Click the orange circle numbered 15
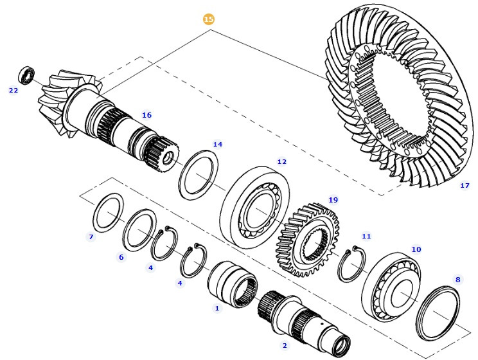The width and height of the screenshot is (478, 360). [x=208, y=19]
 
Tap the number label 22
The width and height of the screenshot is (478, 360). [x=13, y=91]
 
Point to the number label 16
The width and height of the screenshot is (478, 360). [x=146, y=115]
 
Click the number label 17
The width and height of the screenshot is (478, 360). [x=465, y=186]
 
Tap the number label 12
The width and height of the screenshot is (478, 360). [x=281, y=161]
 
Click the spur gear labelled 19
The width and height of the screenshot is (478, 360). [x=308, y=239]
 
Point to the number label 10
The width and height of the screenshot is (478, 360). [x=416, y=249]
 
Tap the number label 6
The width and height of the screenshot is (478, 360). [x=121, y=257]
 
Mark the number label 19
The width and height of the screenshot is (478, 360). [x=332, y=200]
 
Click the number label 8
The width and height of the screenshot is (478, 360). [x=457, y=280]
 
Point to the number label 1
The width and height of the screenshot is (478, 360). [x=217, y=309]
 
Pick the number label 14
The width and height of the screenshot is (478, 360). [x=218, y=145]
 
